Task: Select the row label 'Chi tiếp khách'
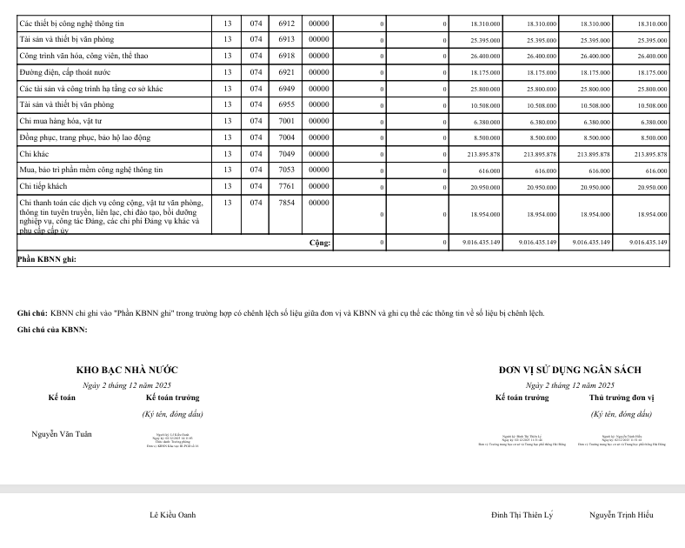tap(44, 186)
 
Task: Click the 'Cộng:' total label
tap(320, 242)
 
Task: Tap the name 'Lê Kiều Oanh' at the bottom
tap(173, 515)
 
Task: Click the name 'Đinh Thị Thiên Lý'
tap(522, 515)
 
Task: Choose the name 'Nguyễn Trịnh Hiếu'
tap(621, 515)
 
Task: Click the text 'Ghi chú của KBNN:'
tap(52, 330)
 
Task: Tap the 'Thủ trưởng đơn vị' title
tap(621, 398)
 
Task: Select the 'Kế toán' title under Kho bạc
tap(61, 398)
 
